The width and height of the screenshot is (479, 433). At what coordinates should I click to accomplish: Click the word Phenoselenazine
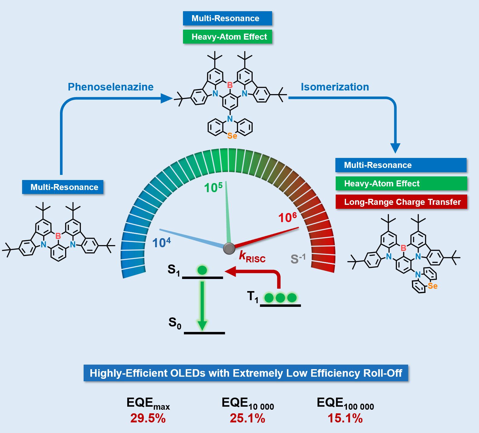(x=111, y=87)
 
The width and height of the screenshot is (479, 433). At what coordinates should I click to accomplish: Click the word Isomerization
(x=335, y=87)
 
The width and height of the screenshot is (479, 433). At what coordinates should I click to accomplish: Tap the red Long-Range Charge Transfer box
(x=401, y=202)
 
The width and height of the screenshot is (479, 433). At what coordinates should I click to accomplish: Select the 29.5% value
(x=148, y=418)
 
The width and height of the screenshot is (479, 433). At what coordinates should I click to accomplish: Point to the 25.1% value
(x=247, y=418)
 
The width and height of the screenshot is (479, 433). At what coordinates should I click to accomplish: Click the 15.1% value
(x=345, y=418)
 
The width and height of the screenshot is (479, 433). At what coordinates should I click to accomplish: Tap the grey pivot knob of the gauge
(x=229, y=248)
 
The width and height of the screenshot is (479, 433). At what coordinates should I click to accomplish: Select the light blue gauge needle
(x=191, y=238)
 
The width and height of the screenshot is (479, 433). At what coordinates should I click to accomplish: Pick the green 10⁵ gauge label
(x=213, y=188)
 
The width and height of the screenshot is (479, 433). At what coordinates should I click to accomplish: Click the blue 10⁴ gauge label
(x=161, y=243)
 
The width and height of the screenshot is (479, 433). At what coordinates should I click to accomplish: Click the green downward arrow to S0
(x=202, y=306)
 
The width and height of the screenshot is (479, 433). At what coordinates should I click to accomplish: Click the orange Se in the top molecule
(x=232, y=136)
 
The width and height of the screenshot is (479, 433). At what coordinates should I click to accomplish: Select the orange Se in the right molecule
(x=433, y=286)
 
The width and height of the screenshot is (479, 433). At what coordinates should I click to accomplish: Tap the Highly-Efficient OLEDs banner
(x=246, y=373)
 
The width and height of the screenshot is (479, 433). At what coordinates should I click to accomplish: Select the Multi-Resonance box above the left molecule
(x=63, y=187)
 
